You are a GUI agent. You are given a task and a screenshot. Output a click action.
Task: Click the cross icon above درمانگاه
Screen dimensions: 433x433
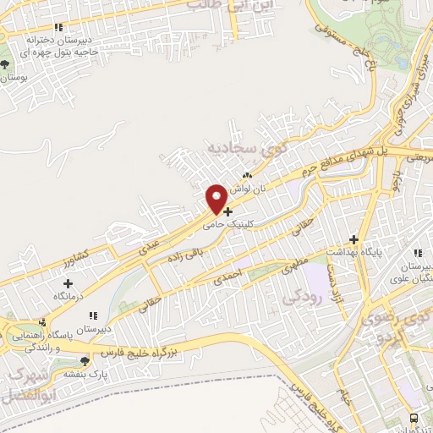click(67, 283)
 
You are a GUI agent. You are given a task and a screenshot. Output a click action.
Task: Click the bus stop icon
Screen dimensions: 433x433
click(414, 418)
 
